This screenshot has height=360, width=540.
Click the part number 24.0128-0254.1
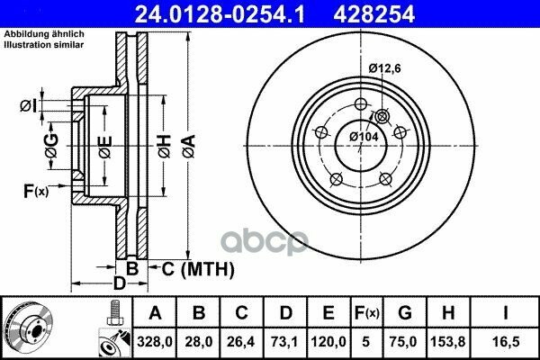click(220, 14)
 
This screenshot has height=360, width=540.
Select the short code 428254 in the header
click(373, 14)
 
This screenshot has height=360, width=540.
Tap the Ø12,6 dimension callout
click(384, 68)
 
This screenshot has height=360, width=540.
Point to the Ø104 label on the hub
click(364, 137)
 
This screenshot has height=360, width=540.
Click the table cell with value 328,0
click(154, 342)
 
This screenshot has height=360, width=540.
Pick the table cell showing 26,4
click(240, 342)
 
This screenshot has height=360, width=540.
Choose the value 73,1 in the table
click(284, 342)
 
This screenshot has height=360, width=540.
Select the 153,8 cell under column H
click(448, 342)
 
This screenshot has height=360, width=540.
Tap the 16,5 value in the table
click(506, 342)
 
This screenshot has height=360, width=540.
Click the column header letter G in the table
click(405, 313)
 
